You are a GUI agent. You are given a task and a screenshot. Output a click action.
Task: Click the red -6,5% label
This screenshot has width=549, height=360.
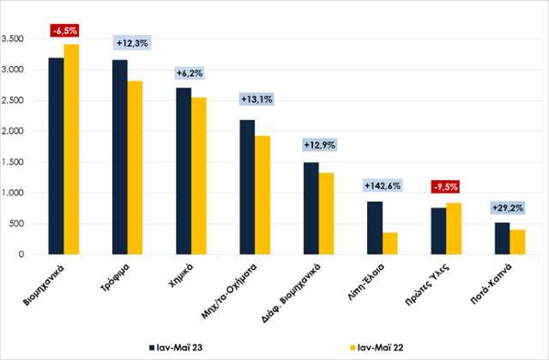tap(64, 31)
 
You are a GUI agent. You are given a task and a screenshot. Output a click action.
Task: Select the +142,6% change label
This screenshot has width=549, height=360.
tap(381, 185)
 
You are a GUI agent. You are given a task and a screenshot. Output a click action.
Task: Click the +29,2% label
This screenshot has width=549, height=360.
tap(506, 207)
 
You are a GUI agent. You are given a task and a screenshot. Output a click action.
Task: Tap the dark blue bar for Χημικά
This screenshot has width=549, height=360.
tap(183, 171)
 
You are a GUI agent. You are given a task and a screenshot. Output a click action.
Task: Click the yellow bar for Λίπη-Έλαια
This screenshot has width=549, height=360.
tap(389, 243)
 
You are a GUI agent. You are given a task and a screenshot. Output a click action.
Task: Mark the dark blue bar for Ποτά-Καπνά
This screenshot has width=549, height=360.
tap(500, 238)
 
